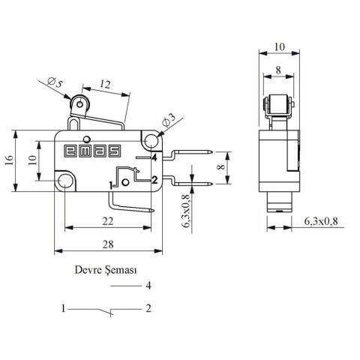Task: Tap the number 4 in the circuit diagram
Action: pos(149,286)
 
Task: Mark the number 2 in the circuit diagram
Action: pos(149,308)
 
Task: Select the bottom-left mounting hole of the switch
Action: pos(67,180)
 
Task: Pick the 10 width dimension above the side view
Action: pos(280,46)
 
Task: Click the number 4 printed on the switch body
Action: pos(153,158)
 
